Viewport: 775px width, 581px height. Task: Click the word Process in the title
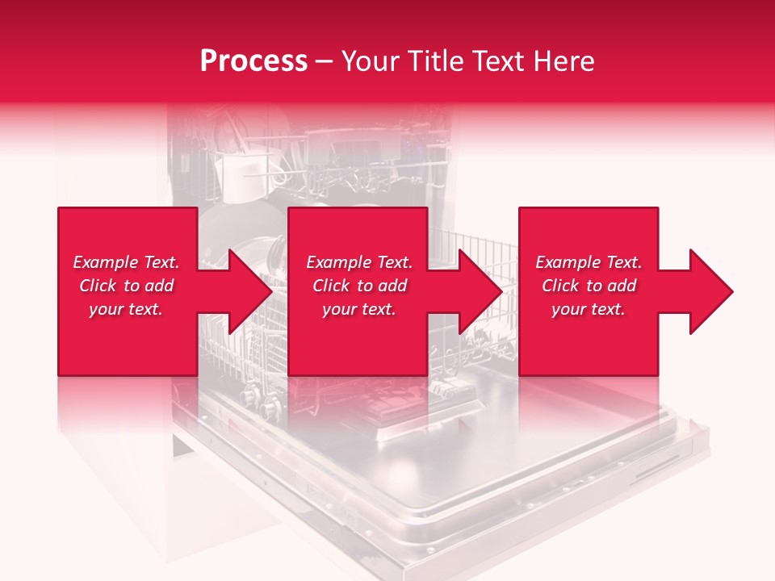tap(253, 61)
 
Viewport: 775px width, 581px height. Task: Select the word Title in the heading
tap(436, 61)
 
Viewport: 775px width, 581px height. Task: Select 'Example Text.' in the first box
tap(126, 262)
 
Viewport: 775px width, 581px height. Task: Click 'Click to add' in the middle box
tap(359, 286)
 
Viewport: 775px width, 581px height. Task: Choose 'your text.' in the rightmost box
tap(588, 309)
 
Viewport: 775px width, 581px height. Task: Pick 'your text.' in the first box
tap(126, 309)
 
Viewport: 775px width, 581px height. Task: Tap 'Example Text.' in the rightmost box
tap(589, 262)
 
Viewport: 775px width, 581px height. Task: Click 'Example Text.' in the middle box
tap(359, 262)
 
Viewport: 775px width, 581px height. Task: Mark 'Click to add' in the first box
tap(126, 286)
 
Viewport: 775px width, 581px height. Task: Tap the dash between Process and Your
tap(324, 61)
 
